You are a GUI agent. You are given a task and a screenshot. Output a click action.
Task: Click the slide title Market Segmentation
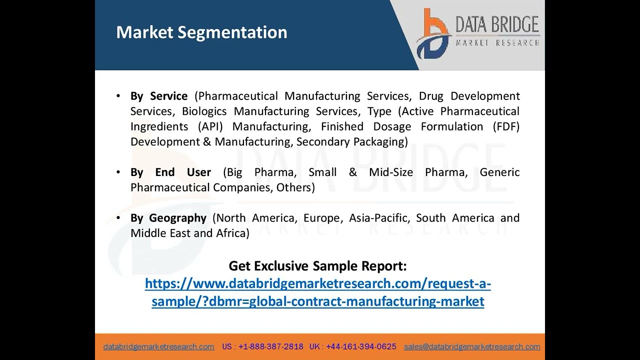click(201, 32)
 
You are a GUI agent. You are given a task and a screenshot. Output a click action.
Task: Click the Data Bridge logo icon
click(433, 34)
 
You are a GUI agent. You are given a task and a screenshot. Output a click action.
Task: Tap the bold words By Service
click(159, 96)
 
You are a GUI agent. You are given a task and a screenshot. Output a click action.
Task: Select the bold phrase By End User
click(170, 172)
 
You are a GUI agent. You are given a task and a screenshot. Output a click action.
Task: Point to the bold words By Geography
click(168, 218)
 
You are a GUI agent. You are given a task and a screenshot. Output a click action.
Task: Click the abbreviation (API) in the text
click(210, 126)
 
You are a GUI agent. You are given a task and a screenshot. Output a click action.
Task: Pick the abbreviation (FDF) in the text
click(506, 126)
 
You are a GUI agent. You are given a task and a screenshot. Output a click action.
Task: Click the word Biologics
click(204, 111)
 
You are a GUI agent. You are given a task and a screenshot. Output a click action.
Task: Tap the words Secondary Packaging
click(352, 142)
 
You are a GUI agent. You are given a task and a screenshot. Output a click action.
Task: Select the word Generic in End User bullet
click(499, 172)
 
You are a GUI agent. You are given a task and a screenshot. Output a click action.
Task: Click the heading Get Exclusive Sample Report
click(317, 266)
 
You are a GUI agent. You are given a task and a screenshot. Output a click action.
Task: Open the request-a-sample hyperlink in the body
click(317, 292)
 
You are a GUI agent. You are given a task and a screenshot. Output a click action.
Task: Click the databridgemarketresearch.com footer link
click(158, 346)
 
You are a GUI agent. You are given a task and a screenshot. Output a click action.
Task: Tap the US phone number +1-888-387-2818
click(270, 346)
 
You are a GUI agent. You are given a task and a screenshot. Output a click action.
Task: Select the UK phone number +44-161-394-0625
click(361, 346)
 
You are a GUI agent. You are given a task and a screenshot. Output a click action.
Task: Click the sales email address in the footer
click(472, 346)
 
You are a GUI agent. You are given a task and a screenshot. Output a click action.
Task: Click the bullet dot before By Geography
click(118, 218)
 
